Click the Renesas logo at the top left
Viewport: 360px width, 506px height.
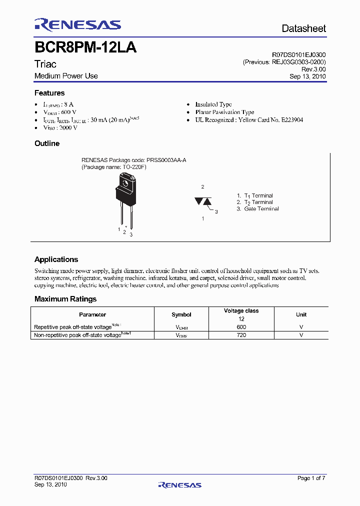(77, 24)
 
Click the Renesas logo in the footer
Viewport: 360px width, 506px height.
(179, 484)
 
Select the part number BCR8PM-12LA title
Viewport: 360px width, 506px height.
(85, 48)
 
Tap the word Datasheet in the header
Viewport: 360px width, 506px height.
(303, 28)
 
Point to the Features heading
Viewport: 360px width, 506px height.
(49, 93)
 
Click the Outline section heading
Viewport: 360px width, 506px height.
(47, 143)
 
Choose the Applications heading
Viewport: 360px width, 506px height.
(56, 259)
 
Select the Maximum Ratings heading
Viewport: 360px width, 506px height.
(65, 299)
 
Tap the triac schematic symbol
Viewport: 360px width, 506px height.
(203, 201)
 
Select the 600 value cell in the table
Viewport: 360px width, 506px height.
(241, 327)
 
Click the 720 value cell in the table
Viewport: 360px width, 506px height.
(241, 335)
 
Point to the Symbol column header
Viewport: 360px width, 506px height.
(181, 314)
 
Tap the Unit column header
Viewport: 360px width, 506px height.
(301, 314)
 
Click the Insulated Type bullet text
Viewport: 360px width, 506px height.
(213, 104)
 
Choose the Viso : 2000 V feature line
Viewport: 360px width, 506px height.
(60, 128)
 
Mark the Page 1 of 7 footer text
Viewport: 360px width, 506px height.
(311, 478)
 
